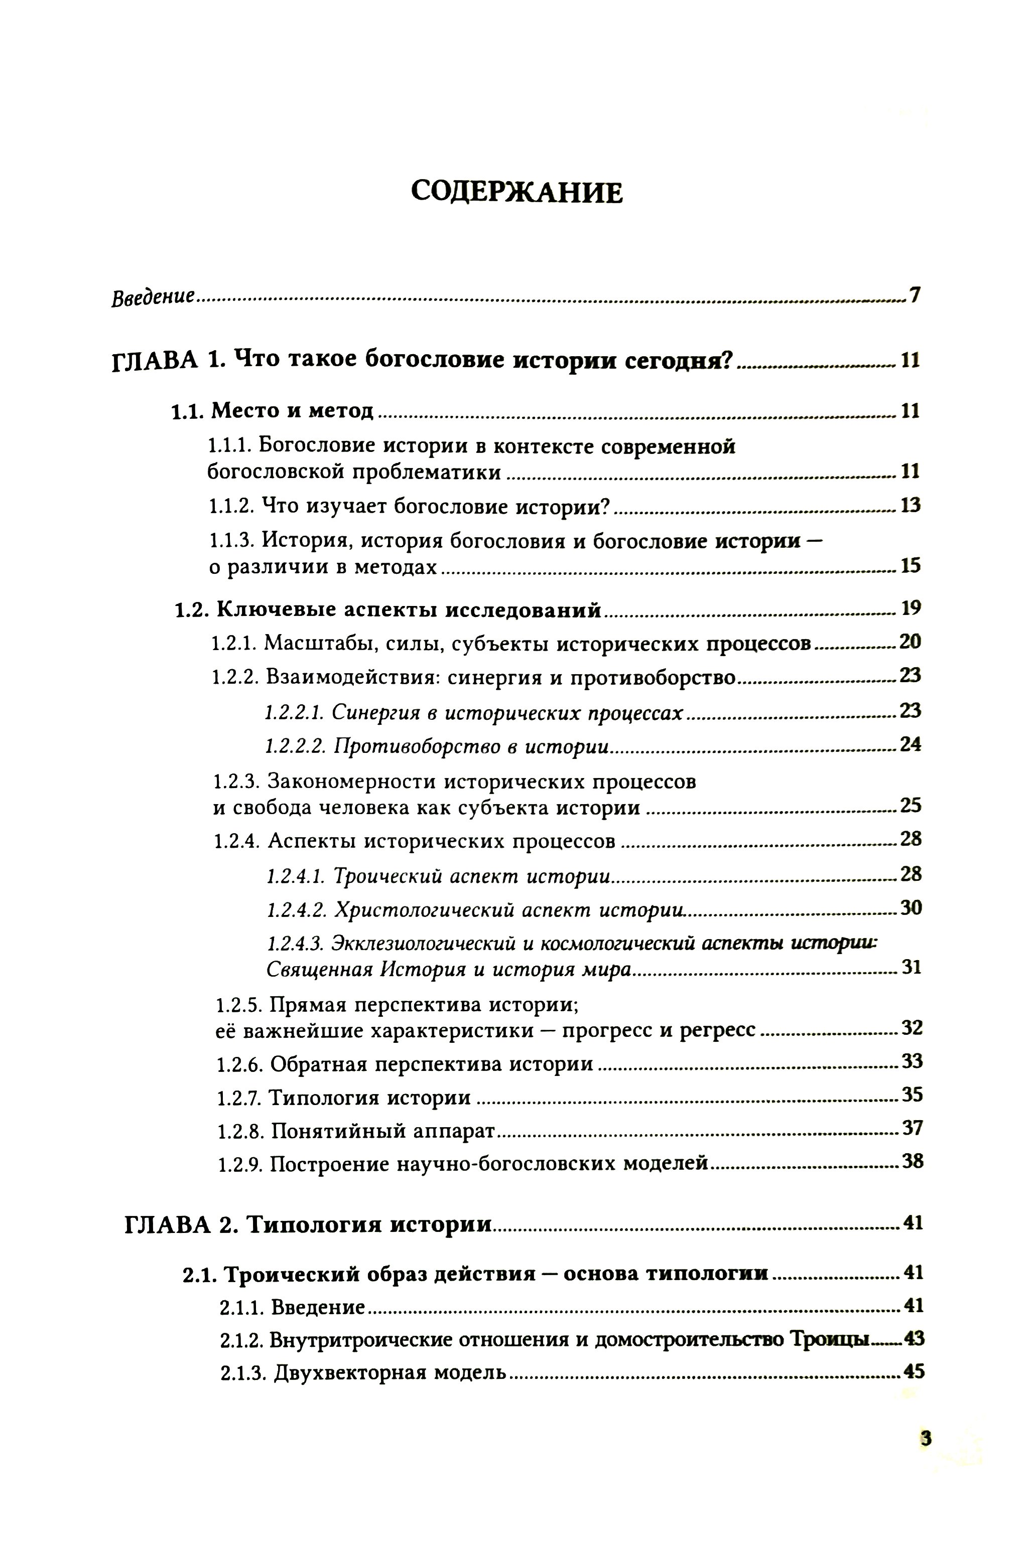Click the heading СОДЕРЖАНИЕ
516,192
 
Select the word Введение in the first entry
153,297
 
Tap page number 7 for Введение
915,295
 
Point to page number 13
910,506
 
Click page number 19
911,608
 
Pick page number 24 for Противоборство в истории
910,745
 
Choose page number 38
913,1162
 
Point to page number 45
913,1372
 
